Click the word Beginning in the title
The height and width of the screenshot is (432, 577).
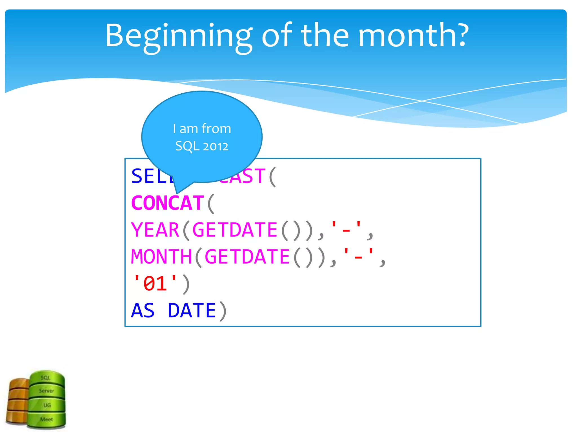[179, 36]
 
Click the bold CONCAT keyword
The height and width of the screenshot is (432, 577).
[168, 203]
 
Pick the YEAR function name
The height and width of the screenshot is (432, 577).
[155, 230]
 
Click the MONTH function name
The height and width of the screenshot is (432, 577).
[161, 256]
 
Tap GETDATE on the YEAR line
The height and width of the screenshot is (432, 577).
[235, 230]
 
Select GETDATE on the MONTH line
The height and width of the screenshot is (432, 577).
[247, 256]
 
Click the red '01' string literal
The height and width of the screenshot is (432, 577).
[156, 283]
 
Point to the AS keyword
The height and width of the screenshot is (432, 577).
[143, 310]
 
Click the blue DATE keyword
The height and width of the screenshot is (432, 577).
[192, 310]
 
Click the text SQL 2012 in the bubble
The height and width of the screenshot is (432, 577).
[202, 146]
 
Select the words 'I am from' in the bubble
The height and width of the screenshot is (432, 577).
[202, 129]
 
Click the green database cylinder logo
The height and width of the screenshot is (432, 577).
[47, 399]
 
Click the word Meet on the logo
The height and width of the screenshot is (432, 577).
[46, 419]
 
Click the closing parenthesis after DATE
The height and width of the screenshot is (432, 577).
[223, 311]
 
